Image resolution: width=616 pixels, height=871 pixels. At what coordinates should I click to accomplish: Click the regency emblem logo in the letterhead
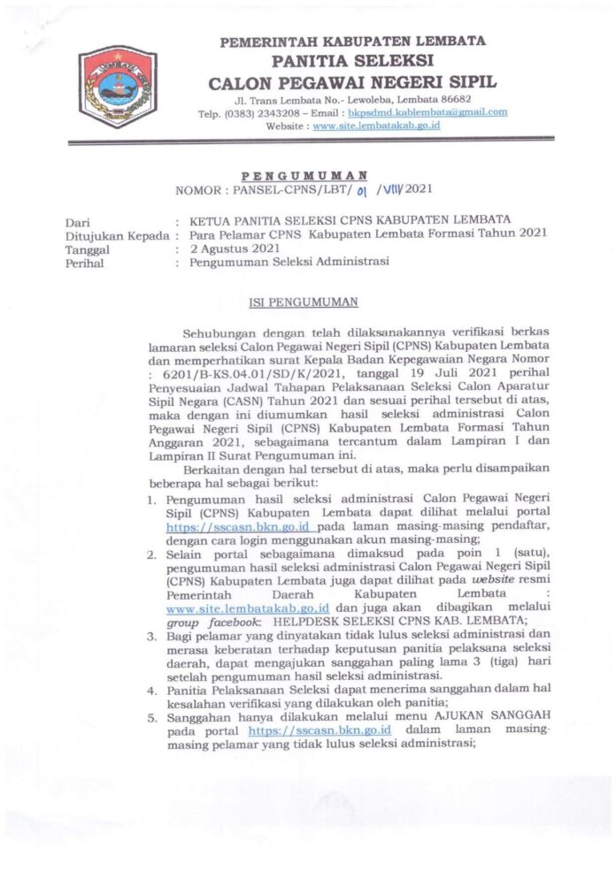(117, 88)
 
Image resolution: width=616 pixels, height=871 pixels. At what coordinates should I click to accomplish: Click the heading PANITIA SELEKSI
(352, 62)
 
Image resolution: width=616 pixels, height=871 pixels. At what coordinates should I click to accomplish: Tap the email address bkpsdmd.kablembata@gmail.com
(427, 112)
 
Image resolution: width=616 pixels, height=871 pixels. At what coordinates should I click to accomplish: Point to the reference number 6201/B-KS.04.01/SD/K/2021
(235, 374)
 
